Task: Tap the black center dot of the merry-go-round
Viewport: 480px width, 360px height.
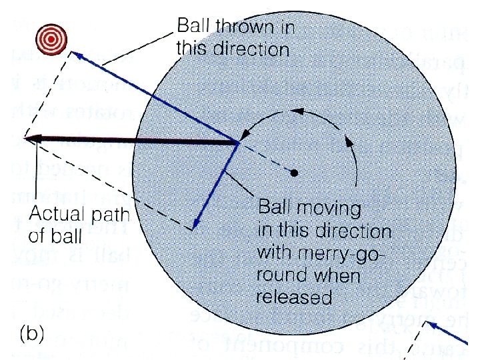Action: [294, 173]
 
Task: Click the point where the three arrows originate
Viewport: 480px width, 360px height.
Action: [239, 143]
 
